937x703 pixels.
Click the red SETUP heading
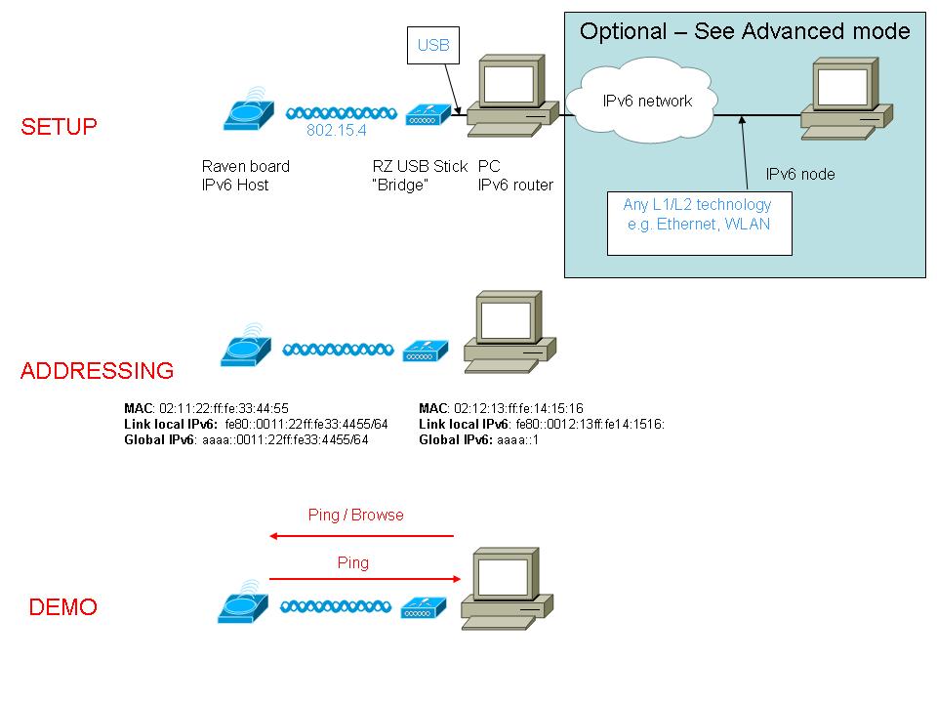coord(60,128)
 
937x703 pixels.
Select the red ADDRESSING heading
coord(97,371)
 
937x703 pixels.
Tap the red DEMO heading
coord(63,607)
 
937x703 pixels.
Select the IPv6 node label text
coord(799,175)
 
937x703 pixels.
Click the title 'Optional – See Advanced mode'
coord(745,31)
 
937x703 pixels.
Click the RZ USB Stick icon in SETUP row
coord(428,115)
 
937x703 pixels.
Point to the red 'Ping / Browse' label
coord(355,515)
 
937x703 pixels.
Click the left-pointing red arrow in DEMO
coord(362,535)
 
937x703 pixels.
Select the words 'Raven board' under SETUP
coord(245,166)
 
